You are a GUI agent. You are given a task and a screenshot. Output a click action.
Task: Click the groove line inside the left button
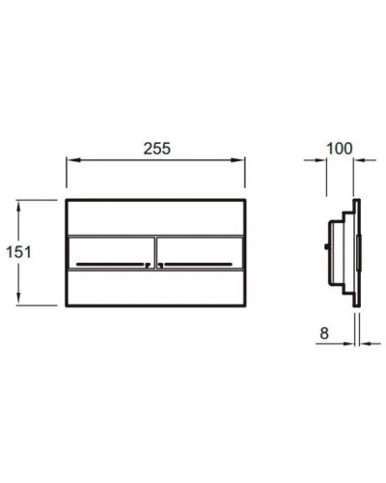point(108,262)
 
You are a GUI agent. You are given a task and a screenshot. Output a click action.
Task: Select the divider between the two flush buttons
point(154,252)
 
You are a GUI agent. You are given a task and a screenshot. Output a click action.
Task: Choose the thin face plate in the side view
point(357,252)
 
